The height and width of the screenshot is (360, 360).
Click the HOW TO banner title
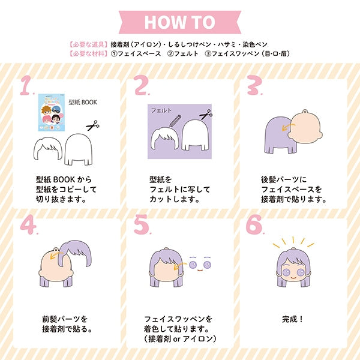[180, 22]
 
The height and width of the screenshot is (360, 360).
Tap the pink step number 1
[26, 85]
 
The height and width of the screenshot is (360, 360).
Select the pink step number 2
[141, 85]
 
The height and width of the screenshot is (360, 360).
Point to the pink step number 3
[254, 85]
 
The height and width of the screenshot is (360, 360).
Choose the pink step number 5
[142, 224]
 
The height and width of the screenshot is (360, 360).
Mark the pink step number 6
[254, 224]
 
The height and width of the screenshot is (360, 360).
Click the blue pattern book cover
[52, 112]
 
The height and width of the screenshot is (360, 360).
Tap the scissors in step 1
[92, 125]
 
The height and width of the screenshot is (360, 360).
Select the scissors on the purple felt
[206, 115]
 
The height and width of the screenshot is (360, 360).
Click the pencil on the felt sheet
[175, 121]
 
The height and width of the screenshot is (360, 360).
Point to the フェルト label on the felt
[161, 110]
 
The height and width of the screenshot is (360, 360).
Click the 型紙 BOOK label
[83, 102]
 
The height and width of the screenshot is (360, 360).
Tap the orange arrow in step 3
[288, 127]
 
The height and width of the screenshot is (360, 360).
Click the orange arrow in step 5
[180, 266]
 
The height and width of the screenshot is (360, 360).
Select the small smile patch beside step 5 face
[200, 270]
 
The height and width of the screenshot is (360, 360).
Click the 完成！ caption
[293, 319]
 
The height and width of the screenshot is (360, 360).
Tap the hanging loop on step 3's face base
[305, 112]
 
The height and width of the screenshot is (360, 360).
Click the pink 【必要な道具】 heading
[88, 44]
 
